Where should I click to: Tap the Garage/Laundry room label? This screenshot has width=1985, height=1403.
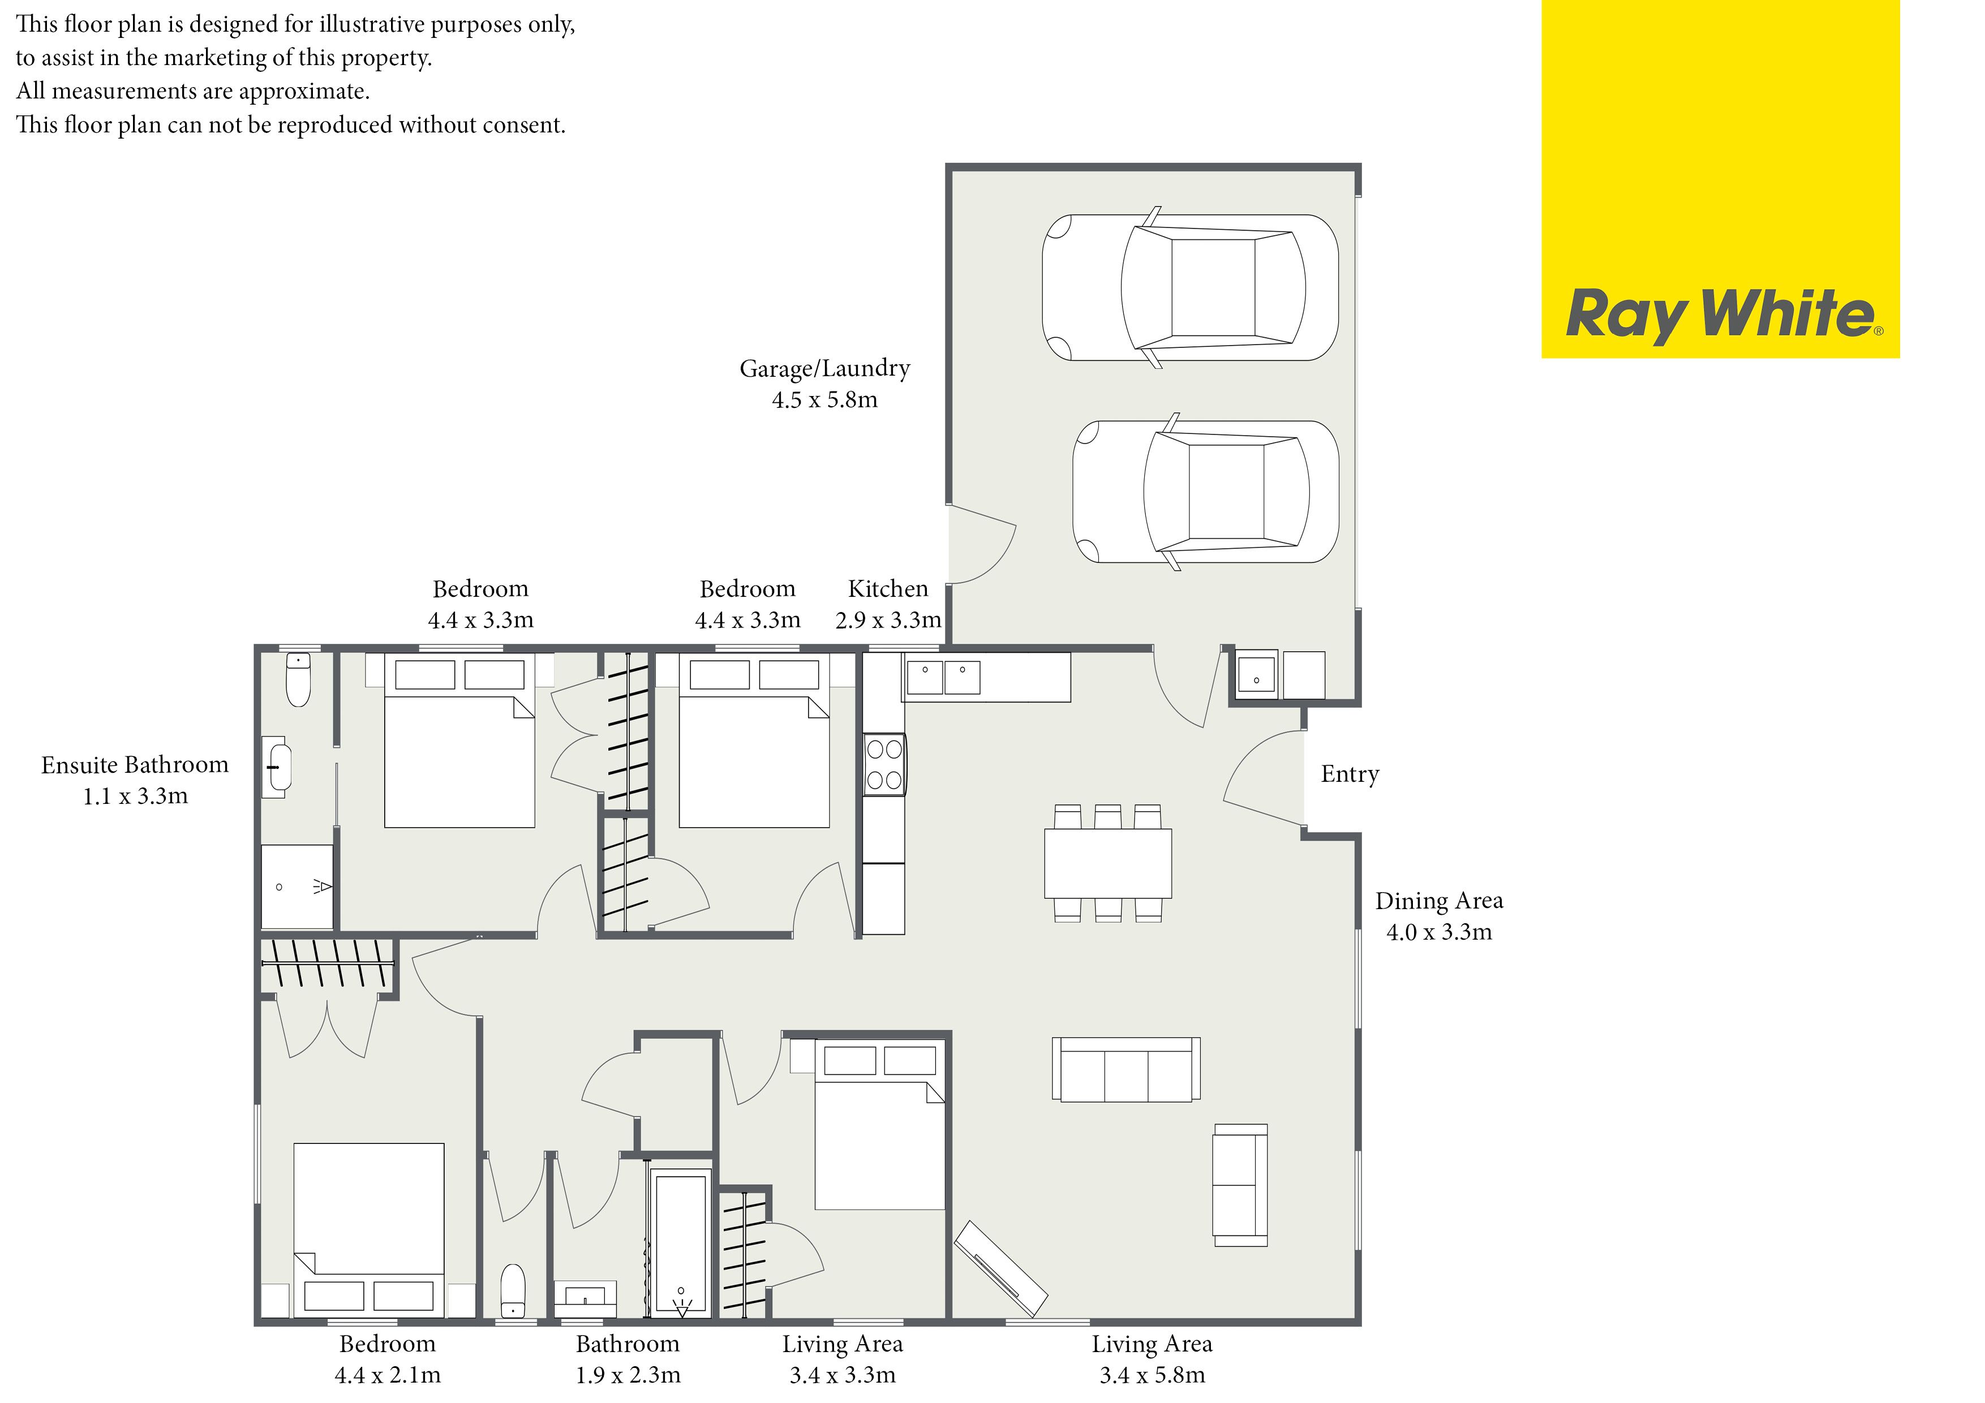click(825, 369)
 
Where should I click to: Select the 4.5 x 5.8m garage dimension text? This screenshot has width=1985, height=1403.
click(825, 399)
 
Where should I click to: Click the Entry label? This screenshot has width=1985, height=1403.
click(1350, 774)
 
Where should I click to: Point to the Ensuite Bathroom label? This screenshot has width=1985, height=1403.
click(135, 764)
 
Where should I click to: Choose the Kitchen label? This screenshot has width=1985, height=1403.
click(888, 589)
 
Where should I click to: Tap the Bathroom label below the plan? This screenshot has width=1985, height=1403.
click(628, 1344)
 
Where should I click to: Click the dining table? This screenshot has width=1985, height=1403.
click(1107, 864)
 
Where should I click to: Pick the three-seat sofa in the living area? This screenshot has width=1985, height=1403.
click(1125, 1069)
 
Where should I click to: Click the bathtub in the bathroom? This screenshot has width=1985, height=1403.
click(682, 1242)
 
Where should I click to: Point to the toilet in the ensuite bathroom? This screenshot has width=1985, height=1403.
click(298, 679)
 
